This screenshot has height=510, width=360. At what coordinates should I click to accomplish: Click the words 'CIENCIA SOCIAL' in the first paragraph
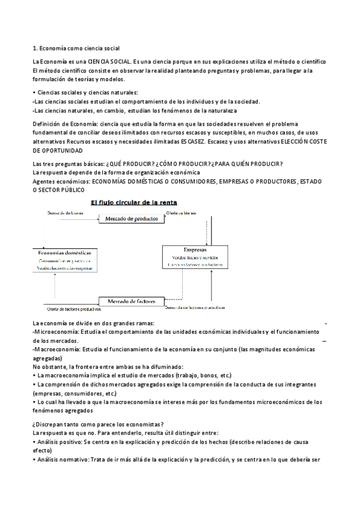click(x=109, y=62)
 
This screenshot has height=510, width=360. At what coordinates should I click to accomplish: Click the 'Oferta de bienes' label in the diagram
click(x=184, y=213)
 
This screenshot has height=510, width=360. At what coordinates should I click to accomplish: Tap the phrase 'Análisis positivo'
click(x=59, y=441)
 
